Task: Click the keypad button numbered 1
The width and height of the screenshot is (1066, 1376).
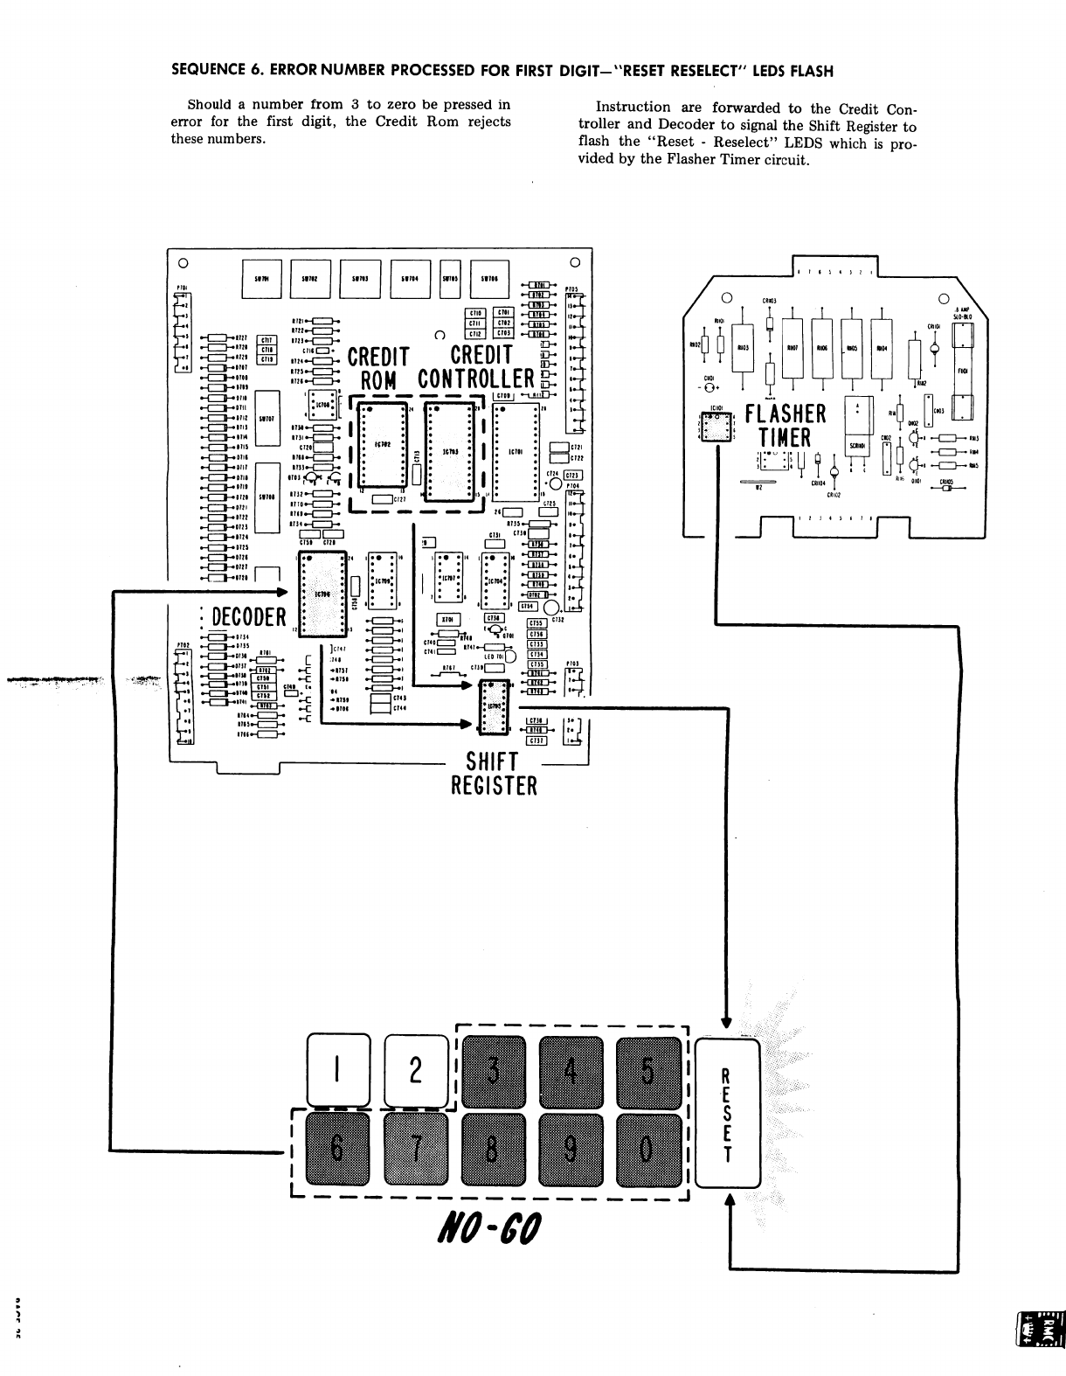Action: click(338, 1069)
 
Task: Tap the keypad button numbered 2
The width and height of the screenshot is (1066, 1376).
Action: click(416, 1069)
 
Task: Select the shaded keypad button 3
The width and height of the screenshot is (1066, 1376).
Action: click(493, 1069)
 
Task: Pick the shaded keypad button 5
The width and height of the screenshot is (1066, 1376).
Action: click(647, 1069)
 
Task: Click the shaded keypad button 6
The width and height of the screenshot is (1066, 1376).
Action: click(338, 1149)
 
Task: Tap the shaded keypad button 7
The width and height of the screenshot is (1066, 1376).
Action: click(416, 1149)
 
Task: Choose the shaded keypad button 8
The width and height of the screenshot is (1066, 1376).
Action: click(493, 1149)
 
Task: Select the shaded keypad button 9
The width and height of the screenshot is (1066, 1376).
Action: click(570, 1149)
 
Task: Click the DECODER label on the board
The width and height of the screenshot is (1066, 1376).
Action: click(249, 617)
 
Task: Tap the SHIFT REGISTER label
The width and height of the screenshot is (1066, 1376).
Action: click(494, 775)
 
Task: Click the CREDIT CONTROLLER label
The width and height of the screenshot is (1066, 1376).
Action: click(477, 367)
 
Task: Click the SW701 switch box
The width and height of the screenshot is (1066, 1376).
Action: click(260, 280)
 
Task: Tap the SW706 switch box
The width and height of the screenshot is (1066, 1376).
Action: click(490, 280)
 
